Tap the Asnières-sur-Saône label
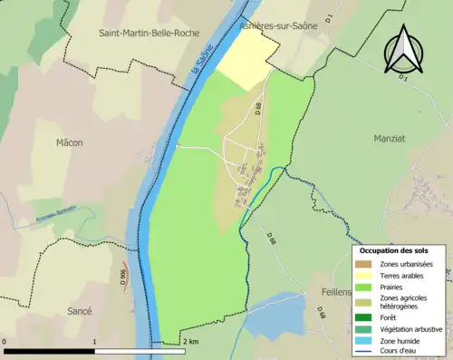tap(278, 26)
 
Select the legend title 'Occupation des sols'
tap(394, 250)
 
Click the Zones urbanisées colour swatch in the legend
tap(365, 264)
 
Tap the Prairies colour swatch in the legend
tap(365, 287)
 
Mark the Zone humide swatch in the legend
tap(365, 340)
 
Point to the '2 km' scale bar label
tap(190, 342)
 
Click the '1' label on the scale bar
tap(95, 342)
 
